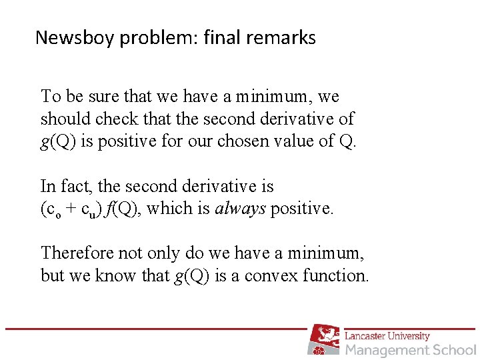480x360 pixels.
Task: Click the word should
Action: point(61,119)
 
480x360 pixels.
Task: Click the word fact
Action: point(73,186)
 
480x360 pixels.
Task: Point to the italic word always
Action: point(241,209)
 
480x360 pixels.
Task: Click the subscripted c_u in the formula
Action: point(88,210)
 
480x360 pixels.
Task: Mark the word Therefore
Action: point(76,253)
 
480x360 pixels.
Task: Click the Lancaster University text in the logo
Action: point(387,335)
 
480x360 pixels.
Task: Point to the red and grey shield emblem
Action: point(324,339)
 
